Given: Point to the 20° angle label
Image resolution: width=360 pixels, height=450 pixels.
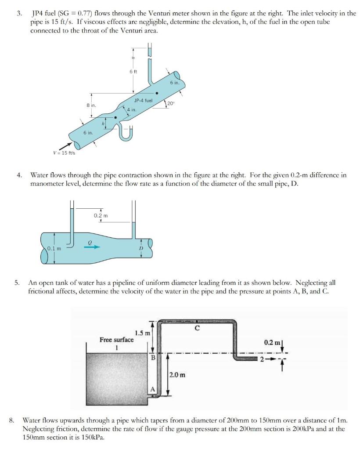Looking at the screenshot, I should pyautogui.click(x=171, y=103).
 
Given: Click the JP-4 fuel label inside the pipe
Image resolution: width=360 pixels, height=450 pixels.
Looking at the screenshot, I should pyautogui.click(x=143, y=101).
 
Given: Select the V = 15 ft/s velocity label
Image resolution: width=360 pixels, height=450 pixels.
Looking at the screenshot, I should pyautogui.click(x=64, y=153).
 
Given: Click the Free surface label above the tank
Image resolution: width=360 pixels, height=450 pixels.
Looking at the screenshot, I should pyautogui.click(x=117, y=340).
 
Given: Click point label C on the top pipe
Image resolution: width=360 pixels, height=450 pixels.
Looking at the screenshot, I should pyautogui.click(x=197, y=328).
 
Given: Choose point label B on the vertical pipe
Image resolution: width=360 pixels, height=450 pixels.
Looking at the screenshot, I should pyautogui.click(x=153, y=357).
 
